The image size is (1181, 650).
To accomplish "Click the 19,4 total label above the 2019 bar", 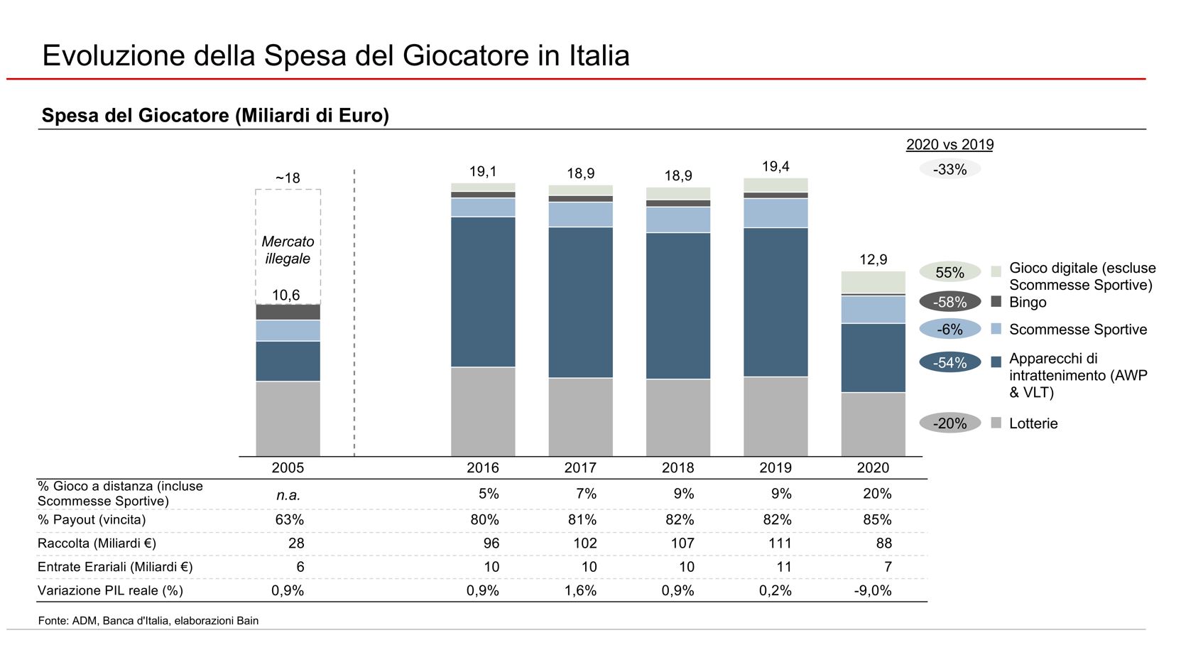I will (x=775, y=166).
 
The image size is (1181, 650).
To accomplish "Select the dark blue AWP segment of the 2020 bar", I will (x=873, y=357).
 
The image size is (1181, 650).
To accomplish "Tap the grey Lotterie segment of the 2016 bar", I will (x=483, y=411).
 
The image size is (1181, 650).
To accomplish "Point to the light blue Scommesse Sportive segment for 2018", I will (x=677, y=220).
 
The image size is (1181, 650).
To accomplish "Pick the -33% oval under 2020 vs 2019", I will (x=949, y=169).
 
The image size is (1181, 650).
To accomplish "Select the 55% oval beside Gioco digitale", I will (x=949, y=273).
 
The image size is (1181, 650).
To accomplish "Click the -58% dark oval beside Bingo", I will (x=949, y=302).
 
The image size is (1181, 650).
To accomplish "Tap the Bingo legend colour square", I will (x=996, y=302).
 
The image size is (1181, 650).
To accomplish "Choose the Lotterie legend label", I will (x=1033, y=423).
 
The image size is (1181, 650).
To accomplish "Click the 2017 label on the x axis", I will (x=580, y=467).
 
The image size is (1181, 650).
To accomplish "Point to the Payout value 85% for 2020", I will (x=877, y=519).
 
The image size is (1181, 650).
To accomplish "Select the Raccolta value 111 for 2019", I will (x=779, y=543).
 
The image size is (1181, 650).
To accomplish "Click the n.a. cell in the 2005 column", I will (x=288, y=494).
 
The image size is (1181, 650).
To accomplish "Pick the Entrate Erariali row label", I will (x=115, y=567).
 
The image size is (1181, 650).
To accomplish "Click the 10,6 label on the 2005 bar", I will (x=286, y=295).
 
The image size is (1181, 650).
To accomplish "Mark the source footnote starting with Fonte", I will (x=148, y=621).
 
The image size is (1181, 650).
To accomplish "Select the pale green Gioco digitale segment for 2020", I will (x=873, y=281).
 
